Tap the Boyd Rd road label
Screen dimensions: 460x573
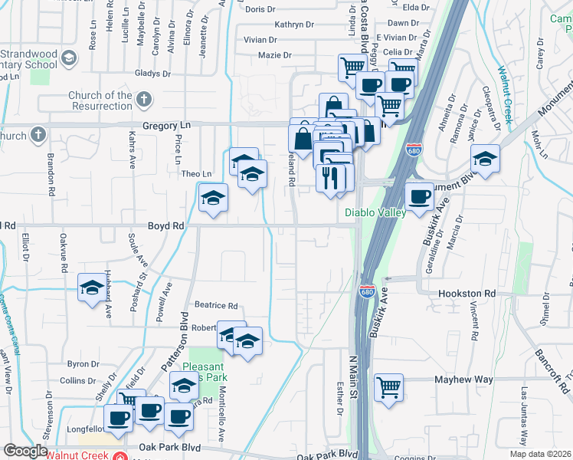pos(166,226)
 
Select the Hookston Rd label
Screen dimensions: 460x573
pos(467,294)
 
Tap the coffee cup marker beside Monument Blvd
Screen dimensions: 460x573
pos(419,198)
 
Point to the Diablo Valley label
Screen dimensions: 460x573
pos(375,213)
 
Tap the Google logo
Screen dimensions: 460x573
pos(25,451)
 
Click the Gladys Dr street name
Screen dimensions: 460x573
pos(152,74)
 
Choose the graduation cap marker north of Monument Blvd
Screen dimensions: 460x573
pos(485,159)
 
